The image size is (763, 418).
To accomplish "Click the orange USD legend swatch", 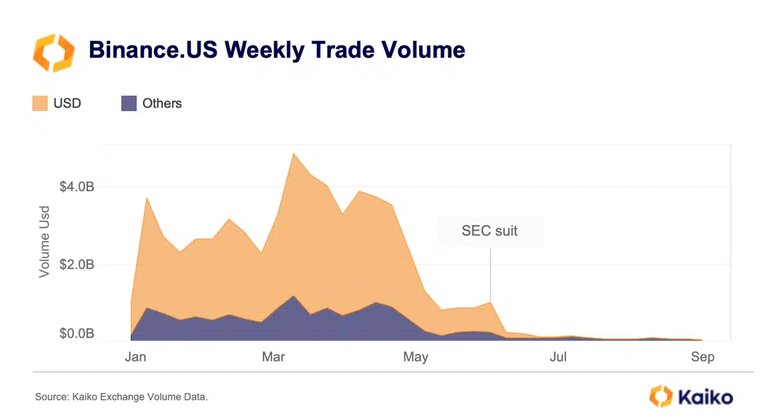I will pos(40,103).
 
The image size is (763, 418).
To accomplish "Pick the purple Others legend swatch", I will pos(129,103).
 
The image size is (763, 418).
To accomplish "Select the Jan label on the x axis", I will pos(135,357).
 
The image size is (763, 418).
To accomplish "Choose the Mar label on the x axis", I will pos(275,357).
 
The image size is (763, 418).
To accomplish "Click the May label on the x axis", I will pos(415,357).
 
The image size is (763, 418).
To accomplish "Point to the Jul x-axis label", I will pos(558,357).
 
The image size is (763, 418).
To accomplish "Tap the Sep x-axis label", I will pos(702,357).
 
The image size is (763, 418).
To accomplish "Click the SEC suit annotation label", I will pos(490,231).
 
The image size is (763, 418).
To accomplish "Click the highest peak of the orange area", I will pos(293,153).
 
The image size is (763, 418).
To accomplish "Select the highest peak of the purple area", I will pos(293,296).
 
